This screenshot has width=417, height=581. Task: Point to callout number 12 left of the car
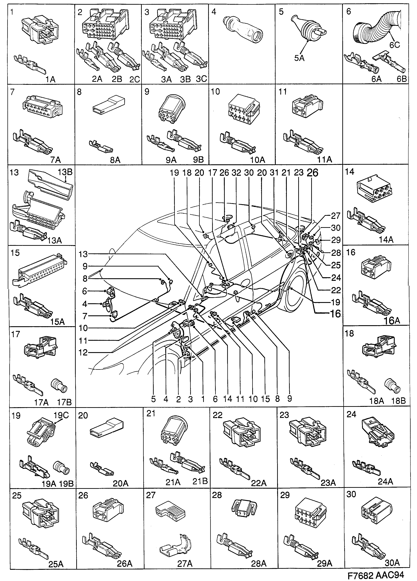click(x=83, y=353)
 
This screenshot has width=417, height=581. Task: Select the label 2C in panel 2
click(x=135, y=79)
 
